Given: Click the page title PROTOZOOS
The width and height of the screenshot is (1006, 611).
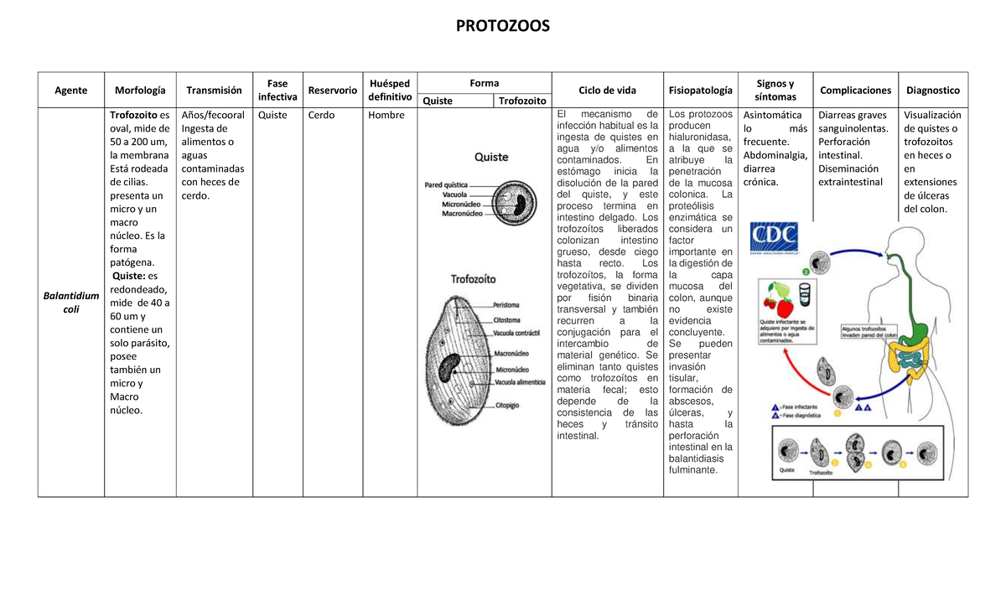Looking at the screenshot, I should [x=502, y=26].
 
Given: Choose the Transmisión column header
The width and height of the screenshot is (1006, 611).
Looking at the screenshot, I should [x=214, y=91].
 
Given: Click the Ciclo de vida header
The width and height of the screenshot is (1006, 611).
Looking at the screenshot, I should [x=607, y=91].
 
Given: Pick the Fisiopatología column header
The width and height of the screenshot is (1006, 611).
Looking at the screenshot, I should [x=700, y=91].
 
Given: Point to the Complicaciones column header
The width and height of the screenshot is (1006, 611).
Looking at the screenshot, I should [x=855, y=91].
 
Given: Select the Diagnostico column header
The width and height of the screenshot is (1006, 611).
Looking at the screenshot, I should [x=933, y=91].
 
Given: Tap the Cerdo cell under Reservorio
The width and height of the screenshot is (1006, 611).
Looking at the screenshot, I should [x=321, y=116].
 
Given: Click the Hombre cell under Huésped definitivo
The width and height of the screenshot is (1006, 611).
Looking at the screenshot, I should [x=386, y=116].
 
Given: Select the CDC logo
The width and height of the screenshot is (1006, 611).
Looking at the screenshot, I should [x=774, y=239].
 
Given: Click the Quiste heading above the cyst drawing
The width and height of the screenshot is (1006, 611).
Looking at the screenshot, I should [x=491, y=157].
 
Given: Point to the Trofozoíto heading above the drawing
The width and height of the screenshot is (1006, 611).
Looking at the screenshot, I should [x=474, y=278].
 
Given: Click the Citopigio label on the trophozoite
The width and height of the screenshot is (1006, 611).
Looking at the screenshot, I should [x=508, y=406].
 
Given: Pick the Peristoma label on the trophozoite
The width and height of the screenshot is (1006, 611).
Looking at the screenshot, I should [x=506, y=305].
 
